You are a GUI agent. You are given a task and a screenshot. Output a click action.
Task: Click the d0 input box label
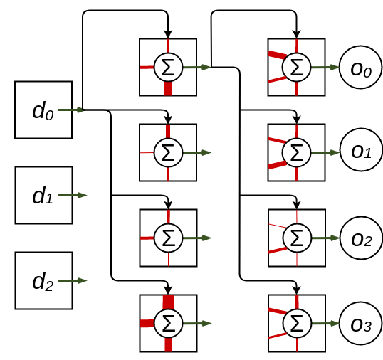43,110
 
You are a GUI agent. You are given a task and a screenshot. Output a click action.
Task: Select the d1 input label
43,196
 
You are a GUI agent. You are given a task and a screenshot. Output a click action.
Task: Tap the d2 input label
43,282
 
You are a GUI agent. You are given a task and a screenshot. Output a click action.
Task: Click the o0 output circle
360,67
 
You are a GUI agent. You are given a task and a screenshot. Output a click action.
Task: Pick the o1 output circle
361,149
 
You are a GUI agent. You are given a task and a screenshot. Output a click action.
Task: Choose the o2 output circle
361,238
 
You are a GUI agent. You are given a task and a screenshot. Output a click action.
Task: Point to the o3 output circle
361,324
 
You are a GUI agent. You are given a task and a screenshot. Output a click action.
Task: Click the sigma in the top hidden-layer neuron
168,67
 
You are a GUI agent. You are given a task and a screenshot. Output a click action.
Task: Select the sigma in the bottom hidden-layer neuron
169,324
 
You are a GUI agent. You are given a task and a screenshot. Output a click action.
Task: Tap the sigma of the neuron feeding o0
297,67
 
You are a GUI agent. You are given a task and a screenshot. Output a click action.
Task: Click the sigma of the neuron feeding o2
297,238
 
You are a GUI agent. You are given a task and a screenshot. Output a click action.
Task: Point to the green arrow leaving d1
73,195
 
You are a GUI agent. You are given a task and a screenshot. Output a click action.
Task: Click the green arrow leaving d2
73,281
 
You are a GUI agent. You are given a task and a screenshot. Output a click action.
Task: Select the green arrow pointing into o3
325,324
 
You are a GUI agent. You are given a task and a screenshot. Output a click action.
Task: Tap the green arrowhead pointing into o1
335,152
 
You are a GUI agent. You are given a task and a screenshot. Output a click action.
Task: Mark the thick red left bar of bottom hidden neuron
147,324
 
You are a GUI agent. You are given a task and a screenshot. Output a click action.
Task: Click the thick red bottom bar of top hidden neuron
168,88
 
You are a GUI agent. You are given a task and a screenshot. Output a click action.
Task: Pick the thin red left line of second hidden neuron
147,152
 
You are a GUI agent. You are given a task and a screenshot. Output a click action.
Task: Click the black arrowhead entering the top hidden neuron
168,34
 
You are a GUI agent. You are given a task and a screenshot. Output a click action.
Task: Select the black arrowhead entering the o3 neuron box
297,290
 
